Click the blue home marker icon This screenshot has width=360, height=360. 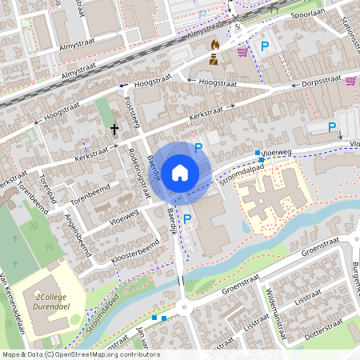pos(180,172)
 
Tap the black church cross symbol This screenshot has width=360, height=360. pos(114,128)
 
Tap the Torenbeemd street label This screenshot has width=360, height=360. pos(89,197)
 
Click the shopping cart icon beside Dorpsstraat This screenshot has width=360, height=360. pos(350,81)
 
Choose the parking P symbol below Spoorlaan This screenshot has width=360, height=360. pos(265,46)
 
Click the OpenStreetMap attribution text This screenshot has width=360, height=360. pos(80,354)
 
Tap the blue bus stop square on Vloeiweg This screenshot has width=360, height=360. pos(258,153)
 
